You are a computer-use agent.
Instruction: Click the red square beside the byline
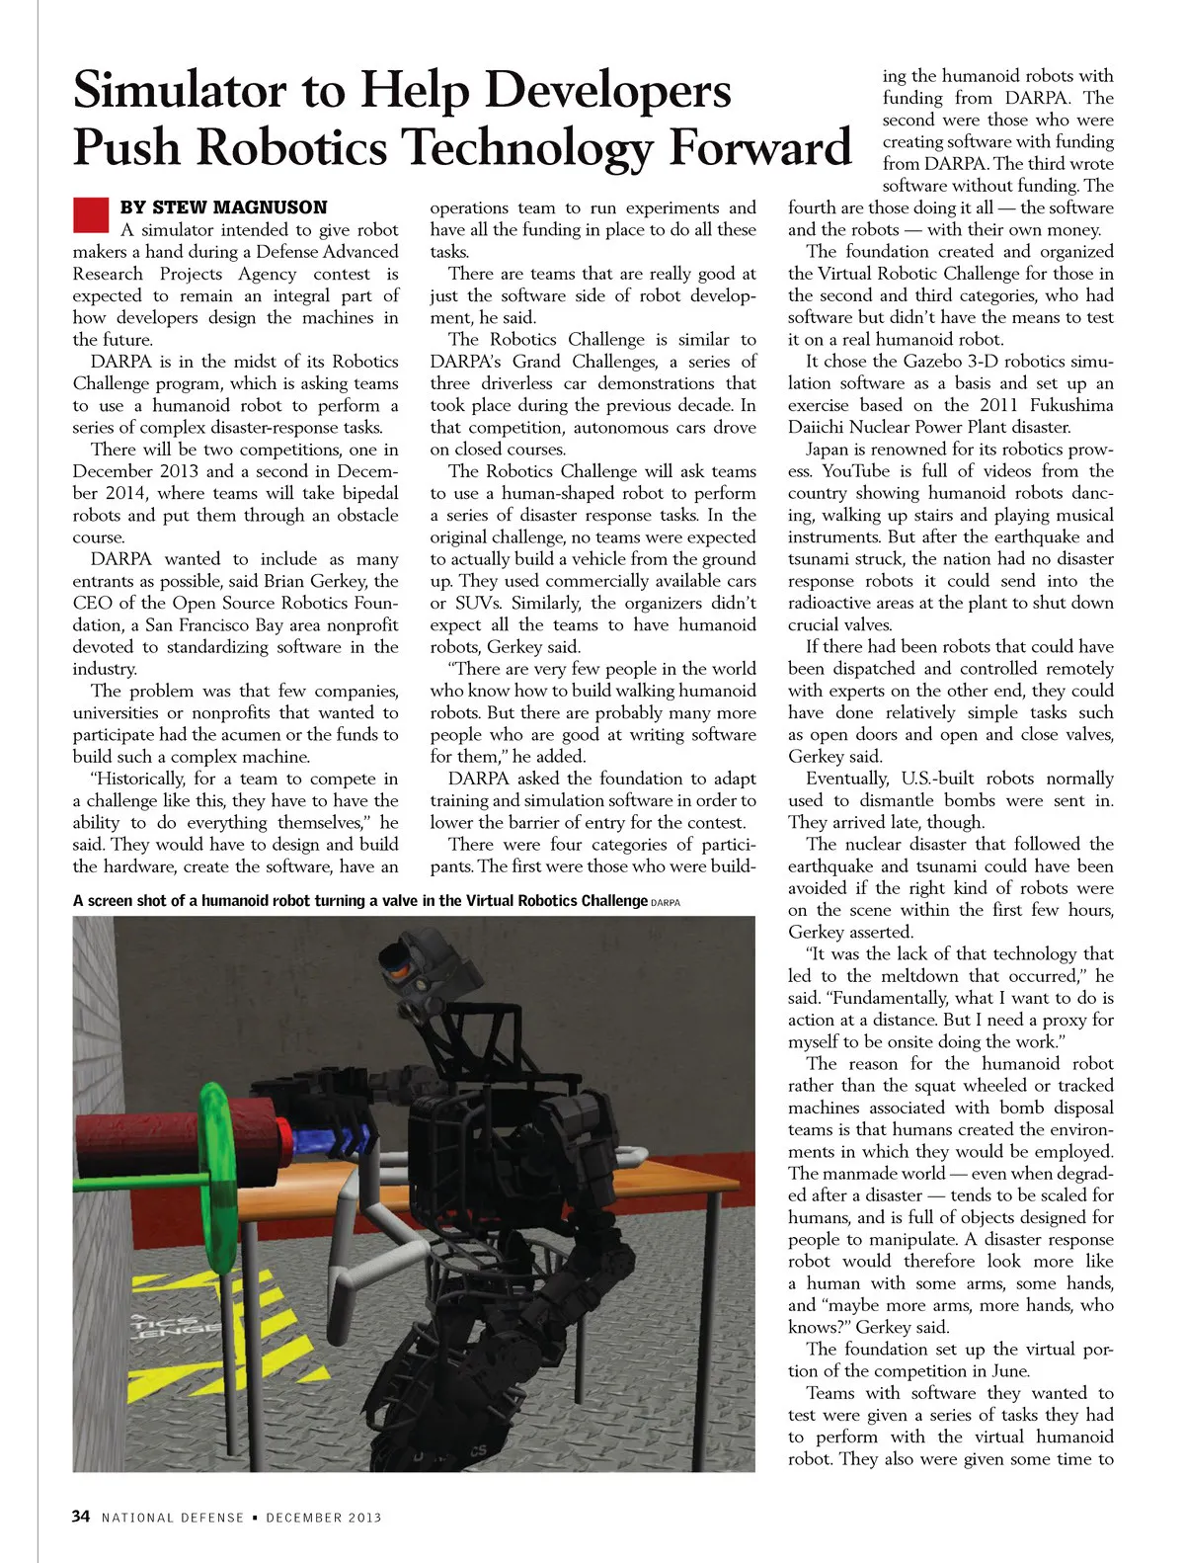(90, 213)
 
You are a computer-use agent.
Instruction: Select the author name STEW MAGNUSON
(239, 207)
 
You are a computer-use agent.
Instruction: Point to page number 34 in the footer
(81, 1517)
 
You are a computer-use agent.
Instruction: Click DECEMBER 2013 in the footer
(323, 1518)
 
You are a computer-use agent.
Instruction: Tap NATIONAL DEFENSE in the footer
(172, 1518)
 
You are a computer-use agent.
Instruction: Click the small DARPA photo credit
(666, 902)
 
